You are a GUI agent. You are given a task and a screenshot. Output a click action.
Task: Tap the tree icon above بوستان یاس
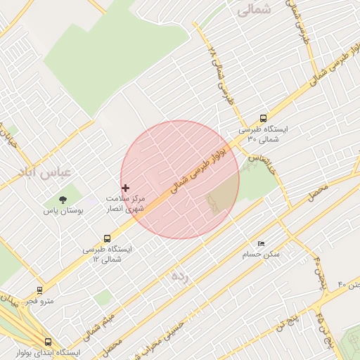[x=63, y=200]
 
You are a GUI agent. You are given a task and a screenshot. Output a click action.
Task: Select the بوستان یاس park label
[x=63, y=210]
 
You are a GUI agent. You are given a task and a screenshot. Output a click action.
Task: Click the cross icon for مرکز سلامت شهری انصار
[x=126, y=188]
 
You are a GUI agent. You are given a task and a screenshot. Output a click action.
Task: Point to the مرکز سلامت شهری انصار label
[x=127, y=204]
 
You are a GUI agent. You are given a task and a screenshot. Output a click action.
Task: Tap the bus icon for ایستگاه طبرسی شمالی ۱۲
[x=107, y=238]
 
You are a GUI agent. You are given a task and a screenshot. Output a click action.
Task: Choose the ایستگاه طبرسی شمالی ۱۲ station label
[x=107, y=254]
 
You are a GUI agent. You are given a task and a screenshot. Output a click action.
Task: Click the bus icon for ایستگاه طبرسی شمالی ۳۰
[x=263, y=118]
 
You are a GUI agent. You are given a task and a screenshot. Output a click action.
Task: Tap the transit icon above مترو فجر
[x=39, y=289]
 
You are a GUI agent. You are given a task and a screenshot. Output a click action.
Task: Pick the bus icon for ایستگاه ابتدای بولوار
[x=48, y=342]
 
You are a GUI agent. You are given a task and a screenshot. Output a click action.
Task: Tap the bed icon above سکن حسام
[x=262, y=243]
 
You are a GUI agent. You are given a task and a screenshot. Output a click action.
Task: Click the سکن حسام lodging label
[x=262, y=253]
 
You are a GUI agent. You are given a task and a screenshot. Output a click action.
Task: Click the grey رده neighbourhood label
[x=180, y=276]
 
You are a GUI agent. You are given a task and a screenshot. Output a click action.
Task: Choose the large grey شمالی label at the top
[x=253, y=11]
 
